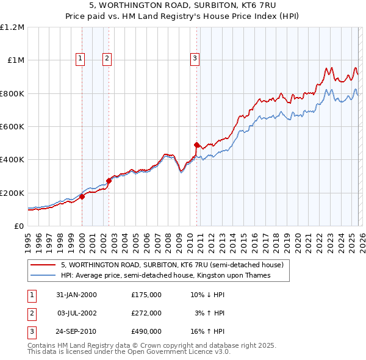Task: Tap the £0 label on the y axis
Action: coord(18,226)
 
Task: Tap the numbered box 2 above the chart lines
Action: coord(107,59)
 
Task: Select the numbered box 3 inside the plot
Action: coord(195,59)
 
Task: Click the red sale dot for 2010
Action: coord(196,145)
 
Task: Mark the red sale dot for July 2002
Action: coord(109,181)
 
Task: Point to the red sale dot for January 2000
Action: coord(82,196)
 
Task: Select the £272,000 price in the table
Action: coord(146,313)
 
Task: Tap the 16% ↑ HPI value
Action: coord(207,331)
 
